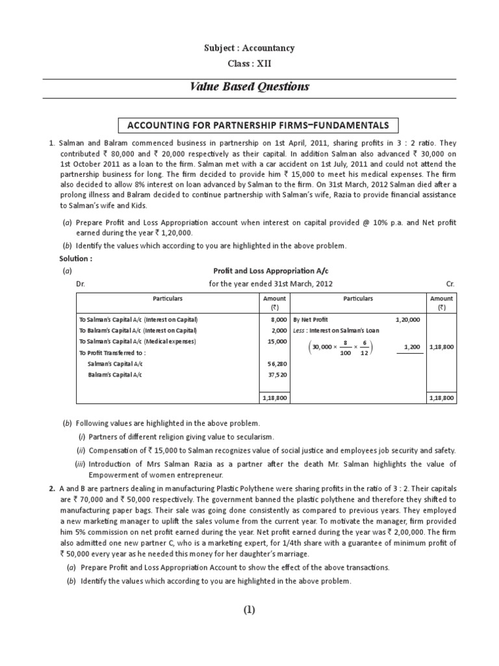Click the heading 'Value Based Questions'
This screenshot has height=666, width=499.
tap(249, 87)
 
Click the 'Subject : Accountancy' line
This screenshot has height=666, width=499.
tap(249, 48)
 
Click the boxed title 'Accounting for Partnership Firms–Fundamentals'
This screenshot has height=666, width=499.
tap(249, 126)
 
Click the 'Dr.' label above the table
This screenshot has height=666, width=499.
tap(81, 284)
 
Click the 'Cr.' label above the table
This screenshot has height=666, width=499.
tap(451, 284)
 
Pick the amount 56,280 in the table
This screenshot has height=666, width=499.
tap(277, 365)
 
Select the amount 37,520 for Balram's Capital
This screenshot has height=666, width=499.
tap(277, 375)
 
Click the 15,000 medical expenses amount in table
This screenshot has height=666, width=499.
tap(277, 341)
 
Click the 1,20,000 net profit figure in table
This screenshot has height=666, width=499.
tap(407, 320)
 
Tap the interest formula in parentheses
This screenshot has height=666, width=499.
tap(340, 347)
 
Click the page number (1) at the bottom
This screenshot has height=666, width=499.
tap(249, 609)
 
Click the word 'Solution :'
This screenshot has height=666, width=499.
tap(75, 258)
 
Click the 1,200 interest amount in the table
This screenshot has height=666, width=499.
tap(411, 347)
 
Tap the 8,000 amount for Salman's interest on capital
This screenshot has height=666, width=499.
tap(278, 320)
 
